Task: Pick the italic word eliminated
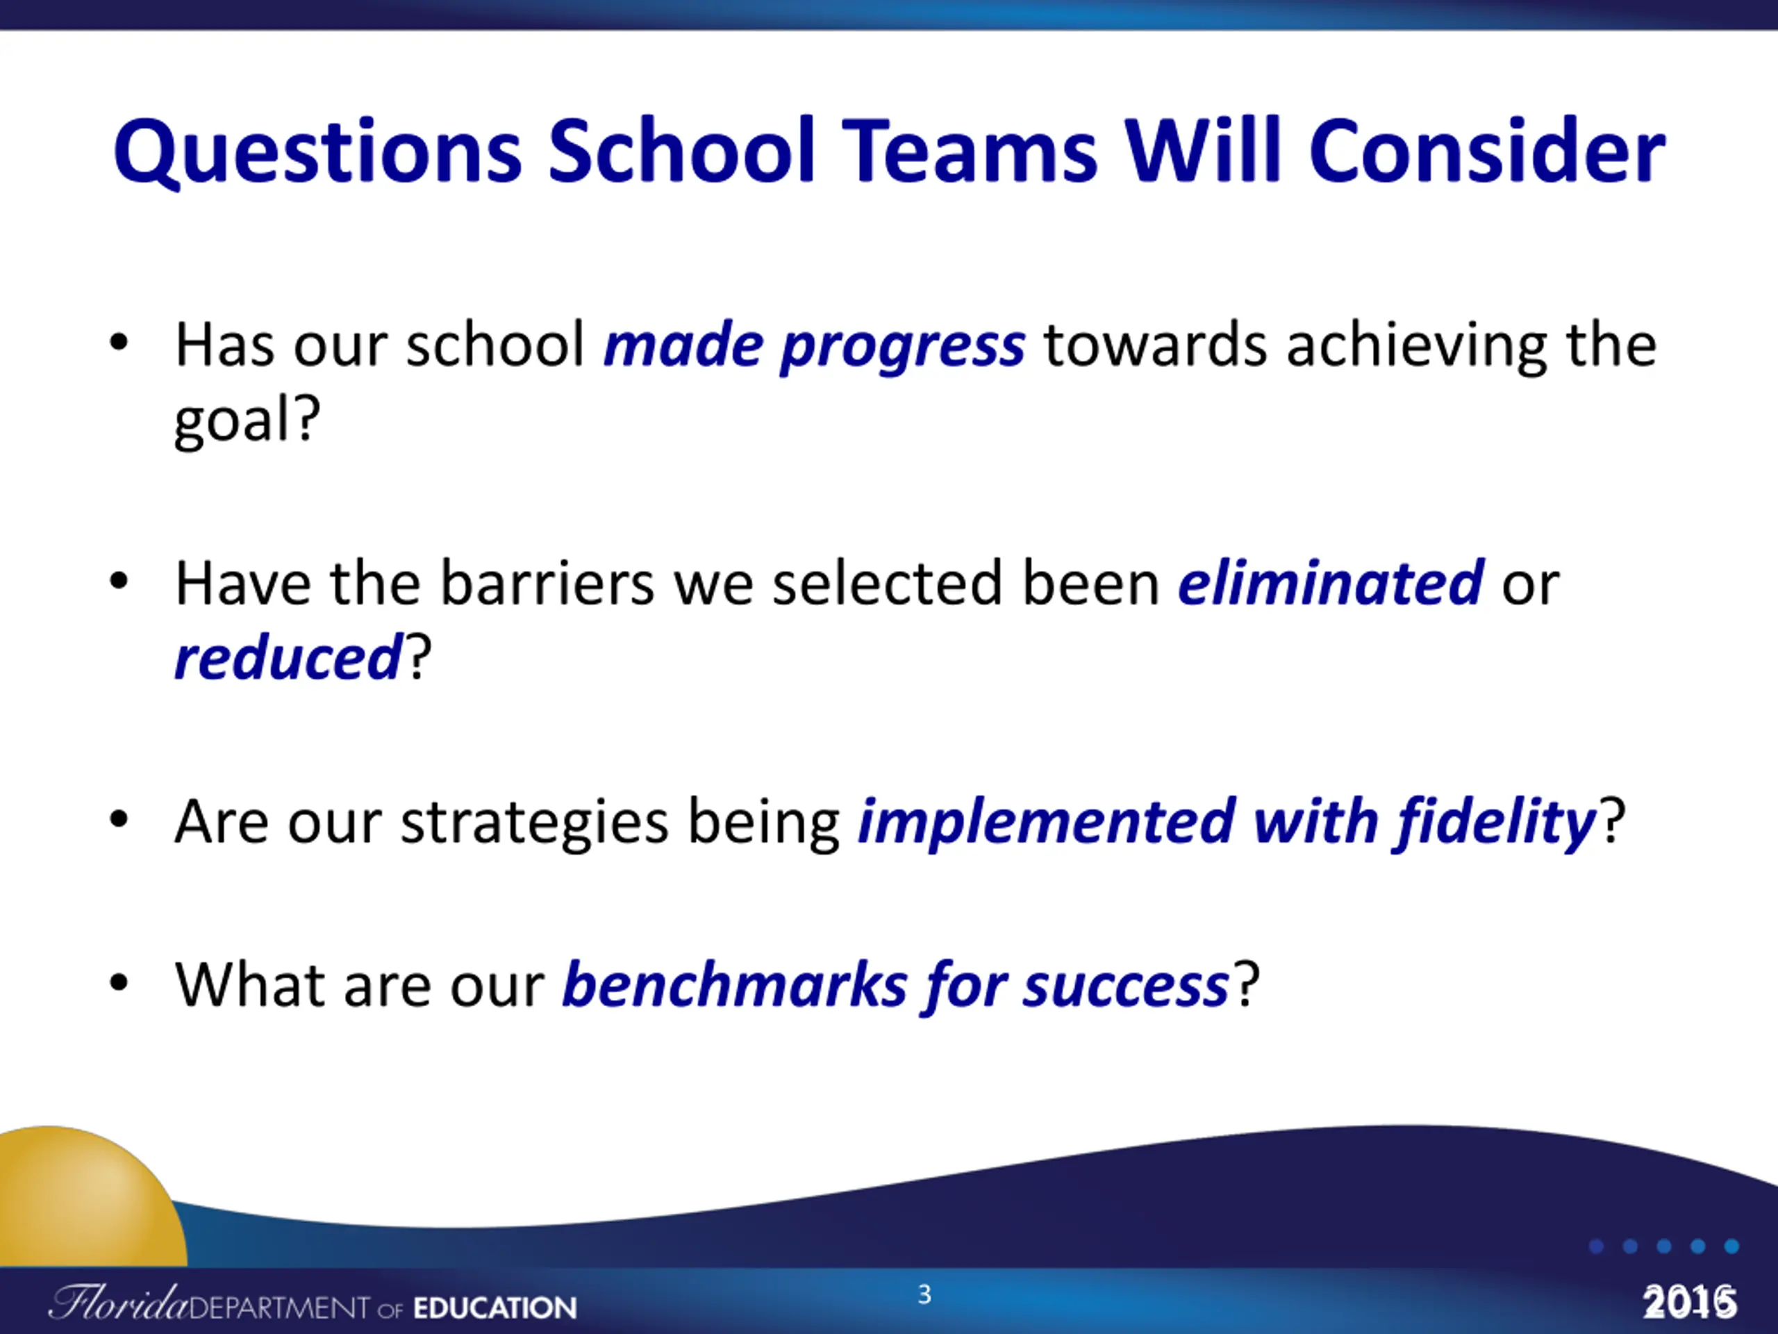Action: [x=1330, y=583]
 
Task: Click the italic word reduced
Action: [x=288, y=658]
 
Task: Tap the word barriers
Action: [x=547, y=583]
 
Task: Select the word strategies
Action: [x=535, y=822]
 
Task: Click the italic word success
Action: [x=1125, y=987]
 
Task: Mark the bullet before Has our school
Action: [x=119, y=343]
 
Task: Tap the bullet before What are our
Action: [x=119, y=982]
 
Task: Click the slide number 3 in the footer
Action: [x=924, y=1294]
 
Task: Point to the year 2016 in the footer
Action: [x=1690, y=1302]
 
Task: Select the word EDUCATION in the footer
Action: [x=495, y=1308]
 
